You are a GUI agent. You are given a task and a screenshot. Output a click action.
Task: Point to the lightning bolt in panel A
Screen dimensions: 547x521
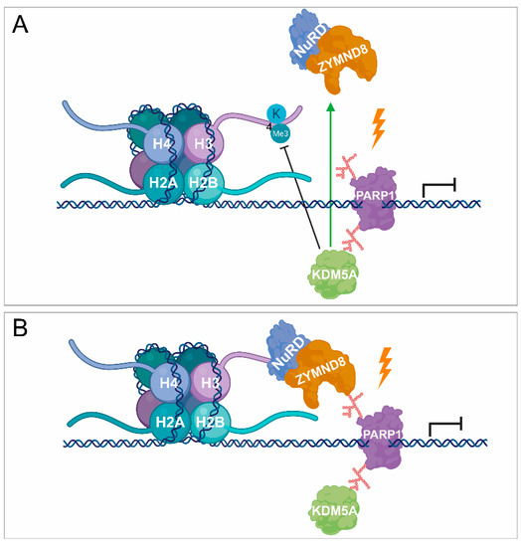379,128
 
